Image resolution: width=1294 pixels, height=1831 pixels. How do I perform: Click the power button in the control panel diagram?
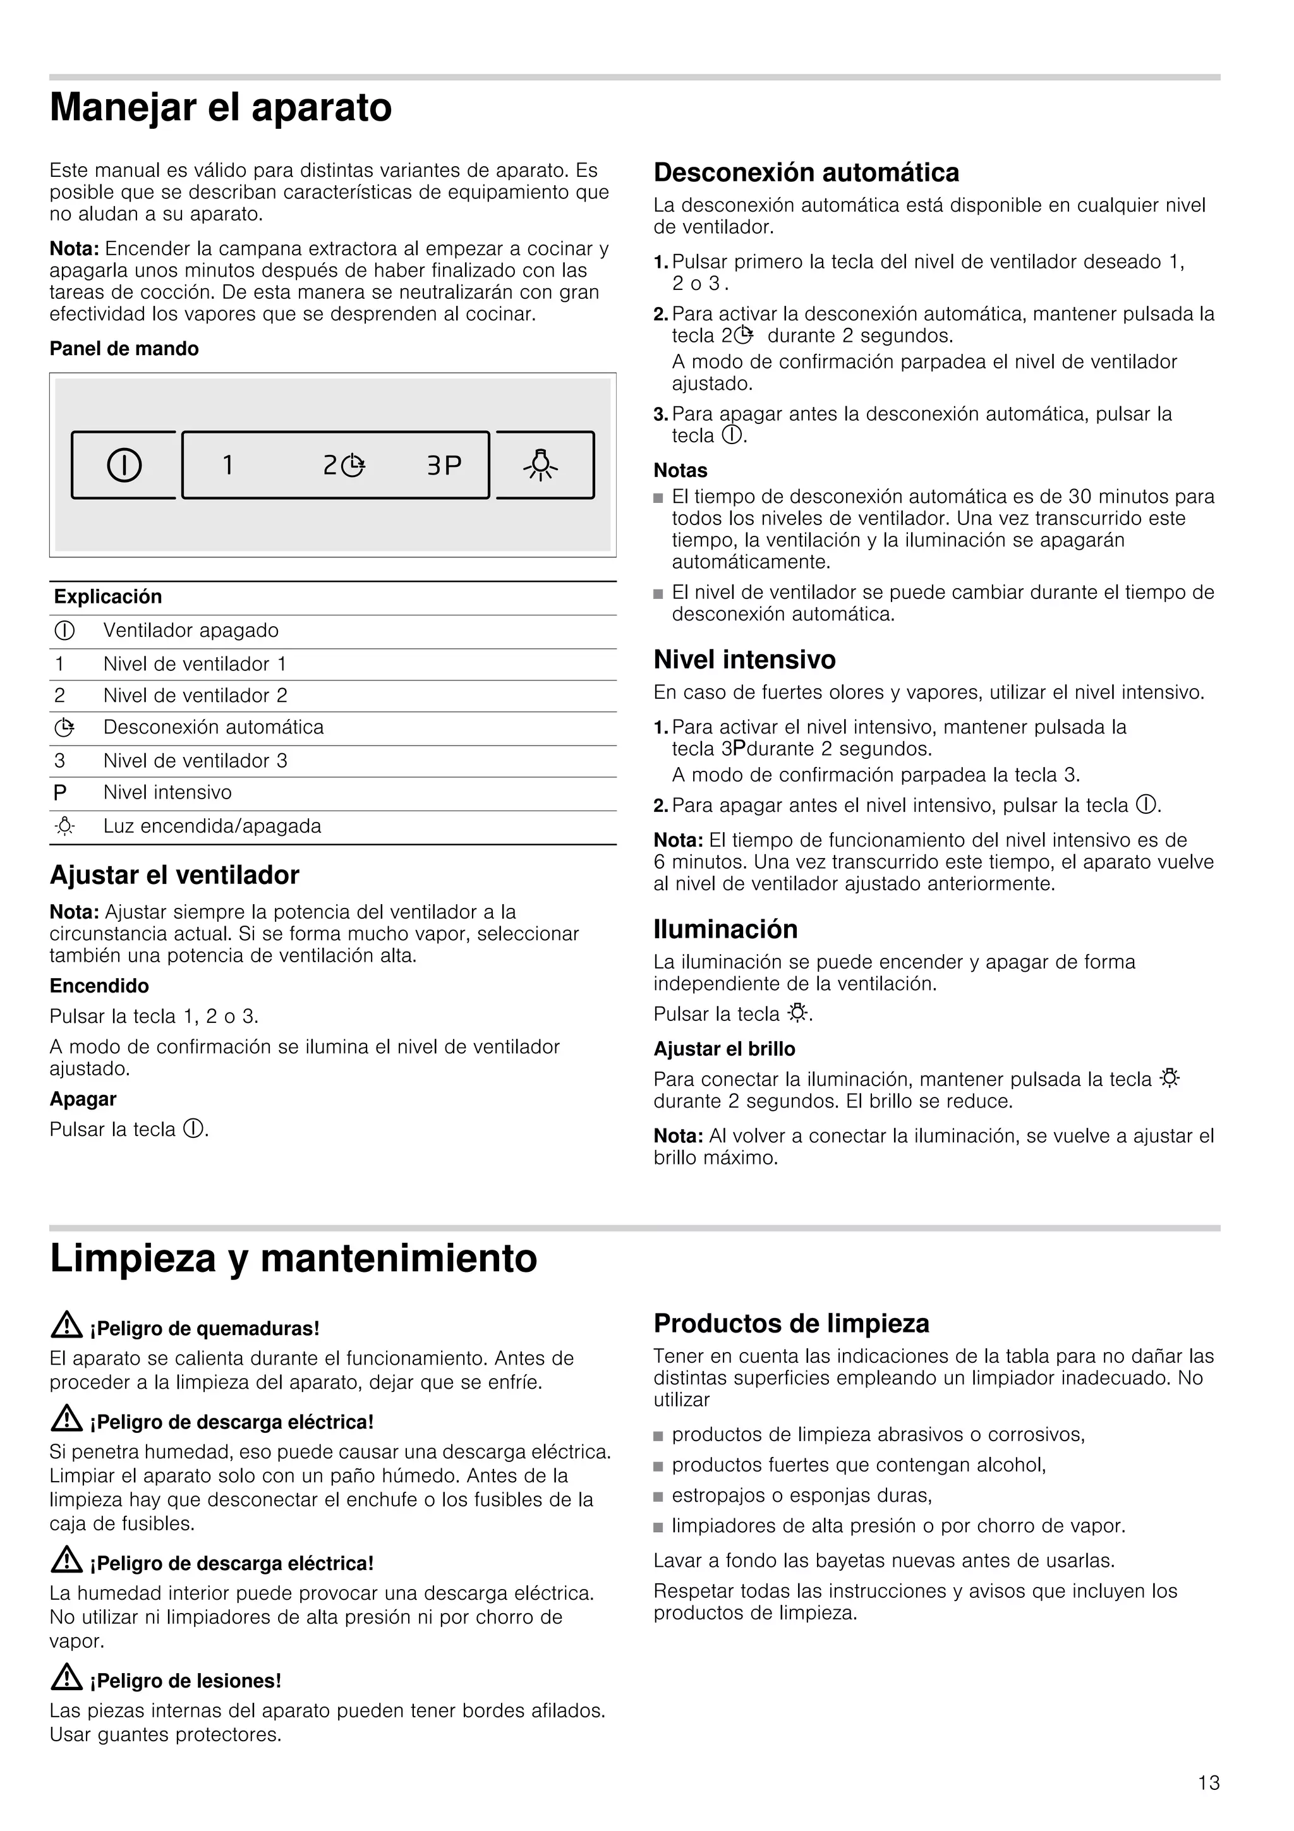pyautogui.click(x=124, y=465)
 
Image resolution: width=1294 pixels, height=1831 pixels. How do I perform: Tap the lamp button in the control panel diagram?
pyautogui.click(x=541, y=465)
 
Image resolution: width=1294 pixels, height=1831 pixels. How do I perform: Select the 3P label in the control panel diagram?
pyautogui.click(x=444, y=465)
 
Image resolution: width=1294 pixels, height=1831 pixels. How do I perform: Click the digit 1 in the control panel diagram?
pyautogui.click(x=228, y=465)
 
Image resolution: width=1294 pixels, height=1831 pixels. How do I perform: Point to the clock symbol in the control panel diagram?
pyautogui.click(x=353, y=466)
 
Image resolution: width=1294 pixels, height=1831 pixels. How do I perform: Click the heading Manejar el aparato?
pyautogui.click(x=221, y=107)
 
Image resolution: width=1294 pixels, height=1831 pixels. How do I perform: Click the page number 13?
pyautogui.click(x=1208, y=1783)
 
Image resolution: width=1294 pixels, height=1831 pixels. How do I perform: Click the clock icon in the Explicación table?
pyautogui.click(x=64, y=727)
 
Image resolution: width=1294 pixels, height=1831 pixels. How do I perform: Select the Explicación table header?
pyautogui.click(x=107, y=596)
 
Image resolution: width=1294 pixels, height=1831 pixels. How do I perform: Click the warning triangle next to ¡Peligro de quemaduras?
pyautogui.click(x=66, y=1326)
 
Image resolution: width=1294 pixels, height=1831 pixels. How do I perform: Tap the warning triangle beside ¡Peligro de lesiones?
pyautogui.click(x=66, y=1679)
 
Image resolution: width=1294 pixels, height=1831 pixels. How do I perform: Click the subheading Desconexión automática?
pyautogui.click(x=806, y=172)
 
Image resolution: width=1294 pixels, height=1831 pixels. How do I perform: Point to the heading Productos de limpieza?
pyautogui.click(x=791, y=1324)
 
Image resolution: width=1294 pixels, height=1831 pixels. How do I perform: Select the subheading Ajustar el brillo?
pyautogui.click(x=724, y=1049)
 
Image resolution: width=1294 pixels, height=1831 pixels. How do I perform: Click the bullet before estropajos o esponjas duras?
pyautogui.click(x=658, y=1496)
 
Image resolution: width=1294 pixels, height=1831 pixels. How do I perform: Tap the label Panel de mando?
pyautogui.click(x=124, y=349)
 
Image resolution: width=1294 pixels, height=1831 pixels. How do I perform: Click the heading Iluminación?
pyautogui.click(x=725, y=929)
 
